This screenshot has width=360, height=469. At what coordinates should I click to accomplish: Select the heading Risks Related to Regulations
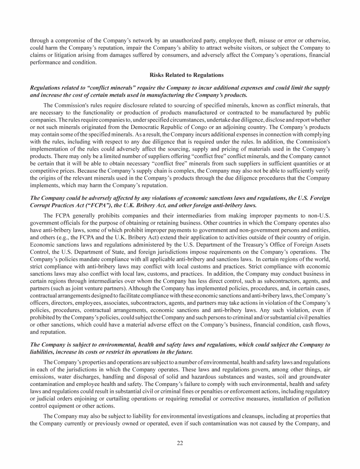180,75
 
